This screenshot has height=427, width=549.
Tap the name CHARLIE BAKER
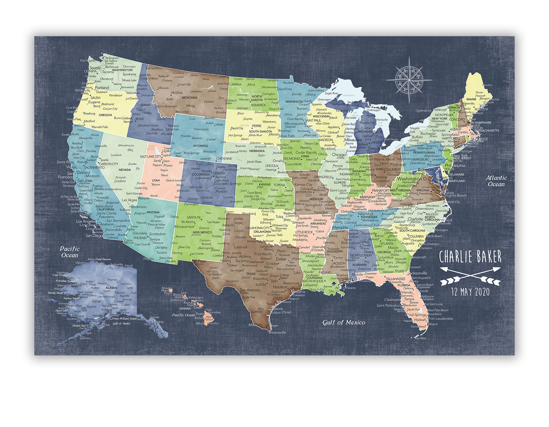[470, 257]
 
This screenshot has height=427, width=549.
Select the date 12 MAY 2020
[470, 291]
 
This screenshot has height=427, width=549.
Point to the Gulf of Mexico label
[344, 322]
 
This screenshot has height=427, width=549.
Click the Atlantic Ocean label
[496, 181]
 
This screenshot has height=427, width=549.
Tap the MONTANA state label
[190, 98]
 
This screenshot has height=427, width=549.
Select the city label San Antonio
[250, 290]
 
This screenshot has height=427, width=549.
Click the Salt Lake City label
[150, 156]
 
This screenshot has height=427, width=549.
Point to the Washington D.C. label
[413, 179]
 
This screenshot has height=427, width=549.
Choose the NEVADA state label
[125, 170]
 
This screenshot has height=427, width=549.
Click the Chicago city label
[339, 155]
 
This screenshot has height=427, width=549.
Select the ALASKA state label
[111, 288]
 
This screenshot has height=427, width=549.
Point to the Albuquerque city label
[186, 227]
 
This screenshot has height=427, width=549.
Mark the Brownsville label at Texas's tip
[277, 332]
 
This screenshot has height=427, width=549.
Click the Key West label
[420, 338]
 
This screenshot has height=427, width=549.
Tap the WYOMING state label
[200, 146]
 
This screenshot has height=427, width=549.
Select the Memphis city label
[340, 228]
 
